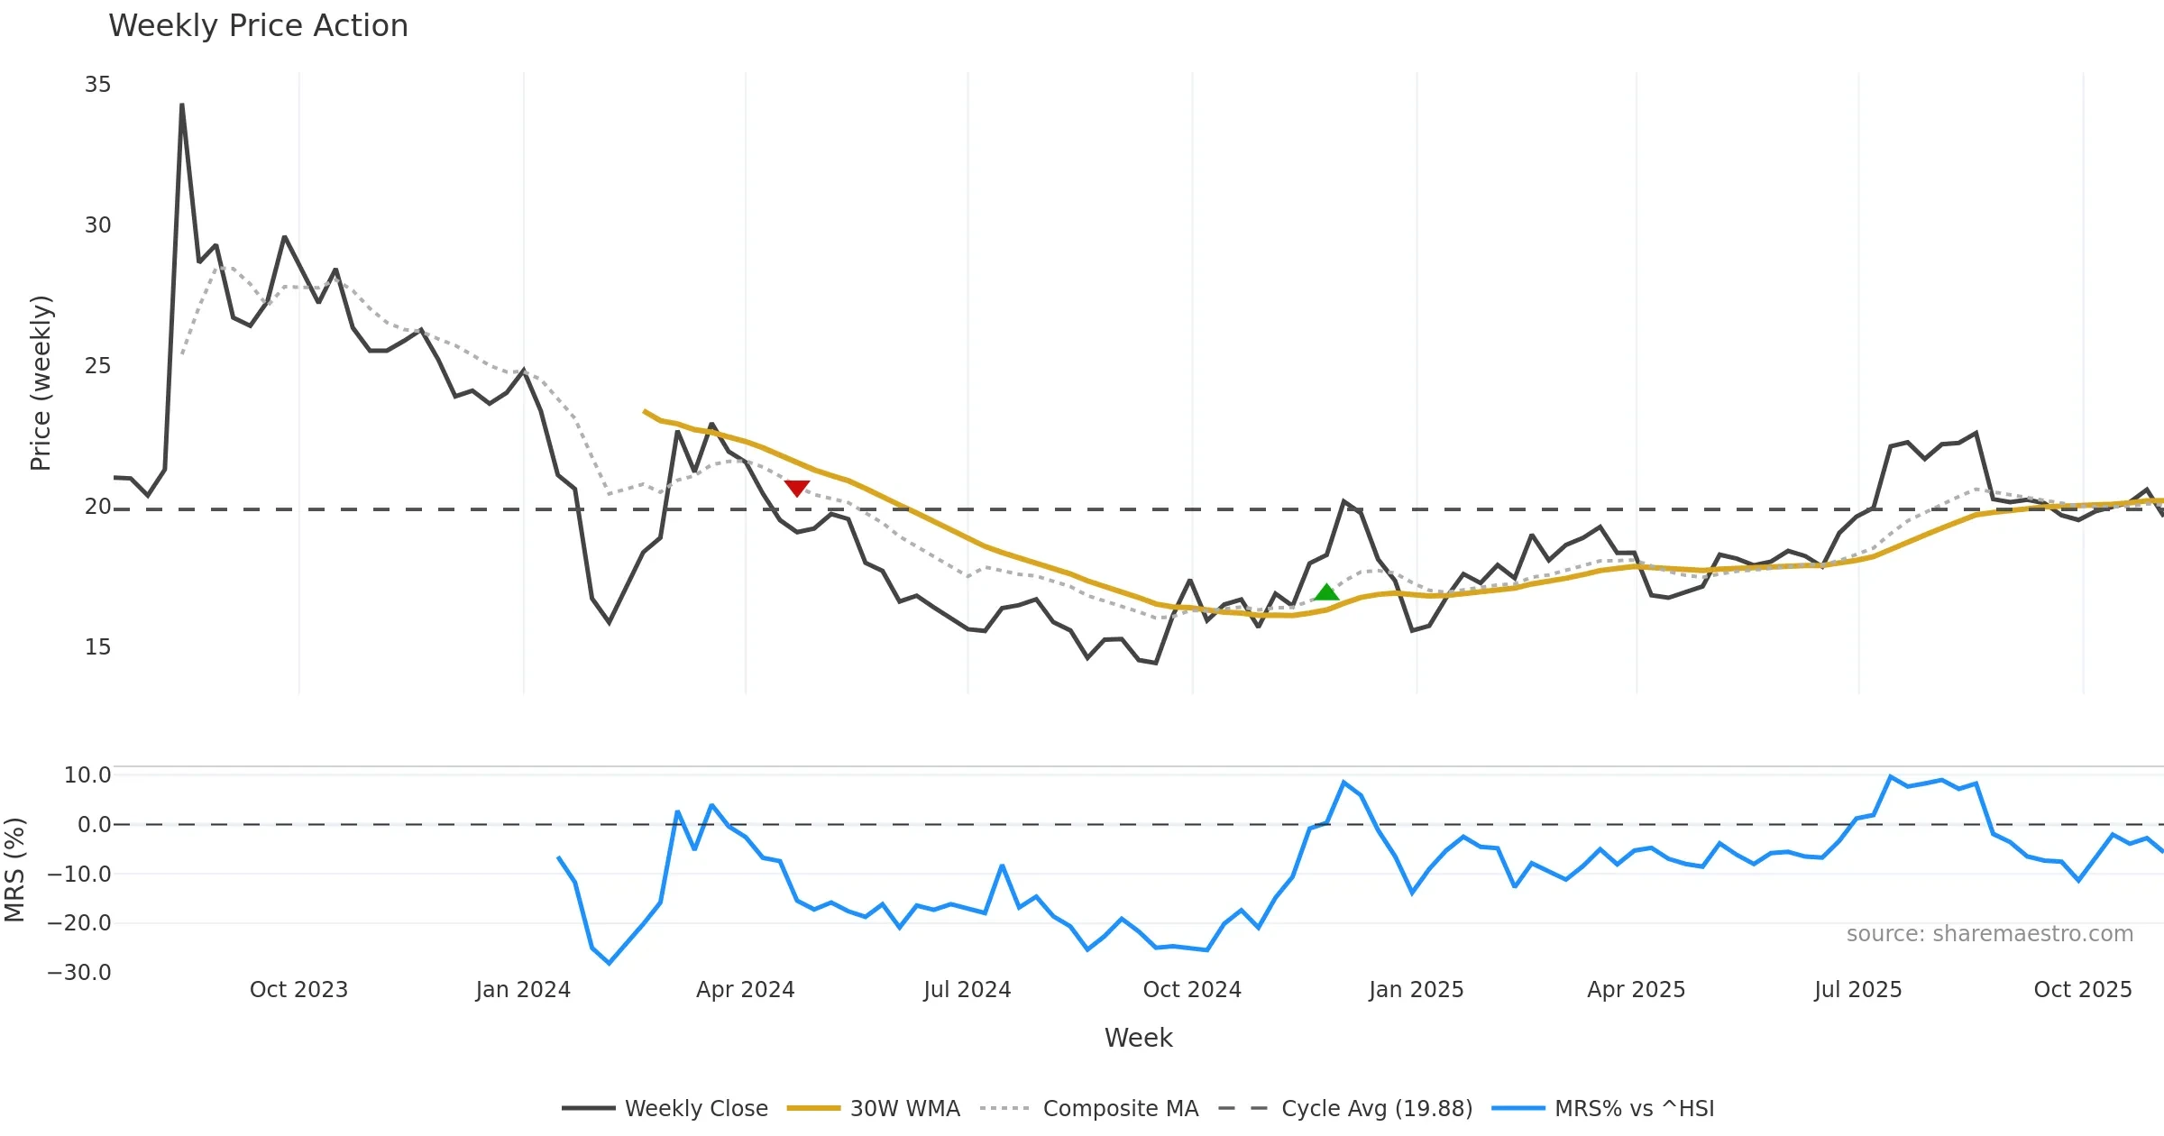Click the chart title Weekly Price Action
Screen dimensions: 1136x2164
258,26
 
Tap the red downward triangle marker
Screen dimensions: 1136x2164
797,488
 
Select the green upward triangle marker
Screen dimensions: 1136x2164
1326,592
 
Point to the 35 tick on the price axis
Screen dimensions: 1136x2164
97,85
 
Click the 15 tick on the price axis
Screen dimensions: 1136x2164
97,647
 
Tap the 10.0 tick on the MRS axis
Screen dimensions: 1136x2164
87,775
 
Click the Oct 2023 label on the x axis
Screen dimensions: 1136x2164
298,990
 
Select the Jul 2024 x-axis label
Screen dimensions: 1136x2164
967,990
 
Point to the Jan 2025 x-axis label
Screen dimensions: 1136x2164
1416,990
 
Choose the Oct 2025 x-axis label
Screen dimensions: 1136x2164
2083,990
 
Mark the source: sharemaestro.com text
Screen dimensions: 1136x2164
1990,934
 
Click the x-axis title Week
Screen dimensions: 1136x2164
1138,1039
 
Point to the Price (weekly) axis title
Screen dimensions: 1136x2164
41,383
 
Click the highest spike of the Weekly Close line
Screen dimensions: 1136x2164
182,105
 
